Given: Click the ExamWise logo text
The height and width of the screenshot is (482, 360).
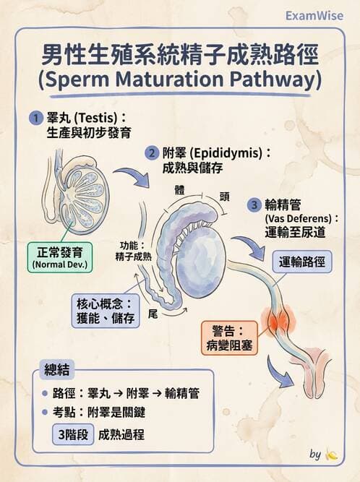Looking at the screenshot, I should pyautogui.click(x=315, y=15).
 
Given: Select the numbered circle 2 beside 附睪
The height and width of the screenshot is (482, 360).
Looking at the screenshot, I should pyautogui.click(x=152, y=152).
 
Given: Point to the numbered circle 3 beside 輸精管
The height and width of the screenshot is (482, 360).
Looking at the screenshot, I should pyautogui.click(x=254, y=205).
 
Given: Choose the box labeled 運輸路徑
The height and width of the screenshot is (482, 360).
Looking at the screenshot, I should pyautogui.click(x=302, y=261).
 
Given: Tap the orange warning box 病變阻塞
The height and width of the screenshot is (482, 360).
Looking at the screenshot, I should pyautogui.click(x=229, y=337).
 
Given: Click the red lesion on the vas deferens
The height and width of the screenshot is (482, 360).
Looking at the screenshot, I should pyautogui.click(x=279, y=319).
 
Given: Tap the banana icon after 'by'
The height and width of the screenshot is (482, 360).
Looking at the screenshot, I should pyautogui.click(x=332, y=455).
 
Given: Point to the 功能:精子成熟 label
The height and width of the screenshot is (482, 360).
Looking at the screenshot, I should pyautogui.click(x=132, y=251).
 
